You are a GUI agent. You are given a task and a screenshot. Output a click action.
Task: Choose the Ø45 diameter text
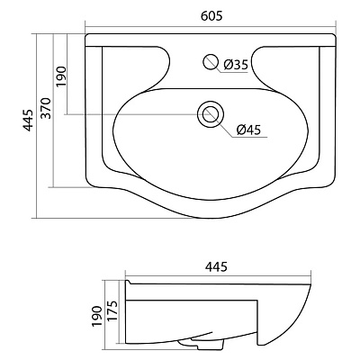(x=249, y=130)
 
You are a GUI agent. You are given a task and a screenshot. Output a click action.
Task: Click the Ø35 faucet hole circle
(x=211, y=62)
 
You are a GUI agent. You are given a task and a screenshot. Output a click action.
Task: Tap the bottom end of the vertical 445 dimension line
(x=34, y=217)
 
